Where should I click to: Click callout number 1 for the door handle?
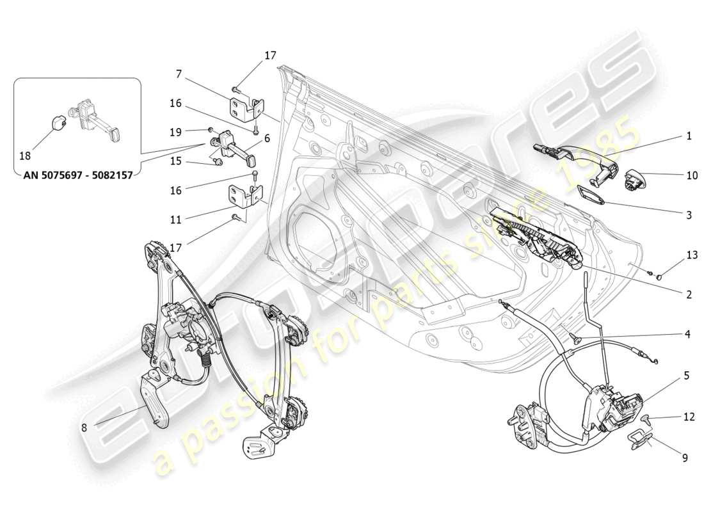click(689, 136)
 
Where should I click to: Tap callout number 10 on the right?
click(691, 175)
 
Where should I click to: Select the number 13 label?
click(691, 255)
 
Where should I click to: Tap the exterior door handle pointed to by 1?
click(576, 154)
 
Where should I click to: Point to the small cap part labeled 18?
click(57, 122)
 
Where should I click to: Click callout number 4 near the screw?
click(687, 334)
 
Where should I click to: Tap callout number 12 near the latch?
click(689, 417)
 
